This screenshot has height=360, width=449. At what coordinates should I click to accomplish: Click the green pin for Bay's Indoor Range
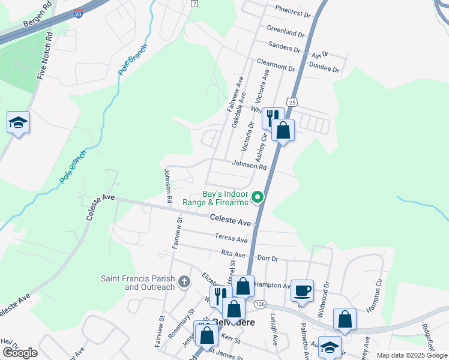(258, 197)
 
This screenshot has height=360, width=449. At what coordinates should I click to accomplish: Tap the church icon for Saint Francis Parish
(184, 281)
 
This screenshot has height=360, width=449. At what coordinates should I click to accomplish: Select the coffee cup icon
(302, 290)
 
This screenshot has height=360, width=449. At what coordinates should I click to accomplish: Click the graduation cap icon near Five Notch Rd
(18, 122)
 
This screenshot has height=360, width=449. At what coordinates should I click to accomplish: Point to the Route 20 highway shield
(79, 13)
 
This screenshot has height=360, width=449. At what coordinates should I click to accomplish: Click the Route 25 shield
(292, 103)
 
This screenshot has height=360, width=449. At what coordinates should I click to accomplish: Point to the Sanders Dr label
(285, 46)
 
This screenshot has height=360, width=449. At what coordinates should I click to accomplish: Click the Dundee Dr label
(323, 68)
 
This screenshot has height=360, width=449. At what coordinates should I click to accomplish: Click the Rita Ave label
(233, 254)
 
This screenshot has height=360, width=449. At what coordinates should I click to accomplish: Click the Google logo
(20, 353)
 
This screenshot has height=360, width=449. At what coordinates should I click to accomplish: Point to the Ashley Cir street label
(261, 146)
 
